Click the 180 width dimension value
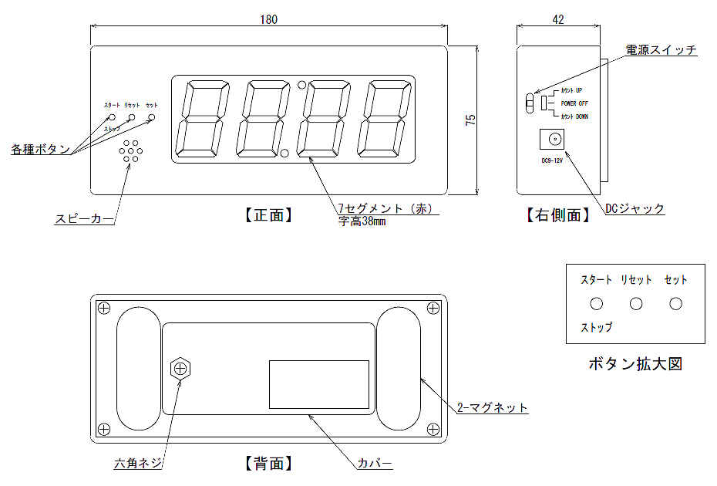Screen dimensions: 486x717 (x=268, y=19)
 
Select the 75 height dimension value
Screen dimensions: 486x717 (x=470, y=120)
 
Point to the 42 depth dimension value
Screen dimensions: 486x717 (x=560, y=19)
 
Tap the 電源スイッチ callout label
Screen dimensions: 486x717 (x=661, y=50)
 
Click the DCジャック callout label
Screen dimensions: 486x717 (x=635, y=208)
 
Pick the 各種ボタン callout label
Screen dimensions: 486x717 (x=41, y=149)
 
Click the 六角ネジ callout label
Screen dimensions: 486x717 (x=140, y=464)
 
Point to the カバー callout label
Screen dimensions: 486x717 (x=375, y=464)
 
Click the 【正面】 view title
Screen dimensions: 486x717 (x=269, y=215)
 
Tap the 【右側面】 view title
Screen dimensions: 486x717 (x=558, y=215)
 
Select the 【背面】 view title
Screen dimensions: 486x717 (x=269, y=464)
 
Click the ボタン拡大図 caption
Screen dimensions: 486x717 (x=635, y=363)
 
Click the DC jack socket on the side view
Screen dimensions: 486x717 (x=553, y=140)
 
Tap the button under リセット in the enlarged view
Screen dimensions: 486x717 (x=636, y=304)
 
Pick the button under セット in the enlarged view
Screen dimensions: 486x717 (x=676, y=304)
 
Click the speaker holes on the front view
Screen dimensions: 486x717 (x=130, y=151)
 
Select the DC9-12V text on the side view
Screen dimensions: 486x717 (x=552, y=160)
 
